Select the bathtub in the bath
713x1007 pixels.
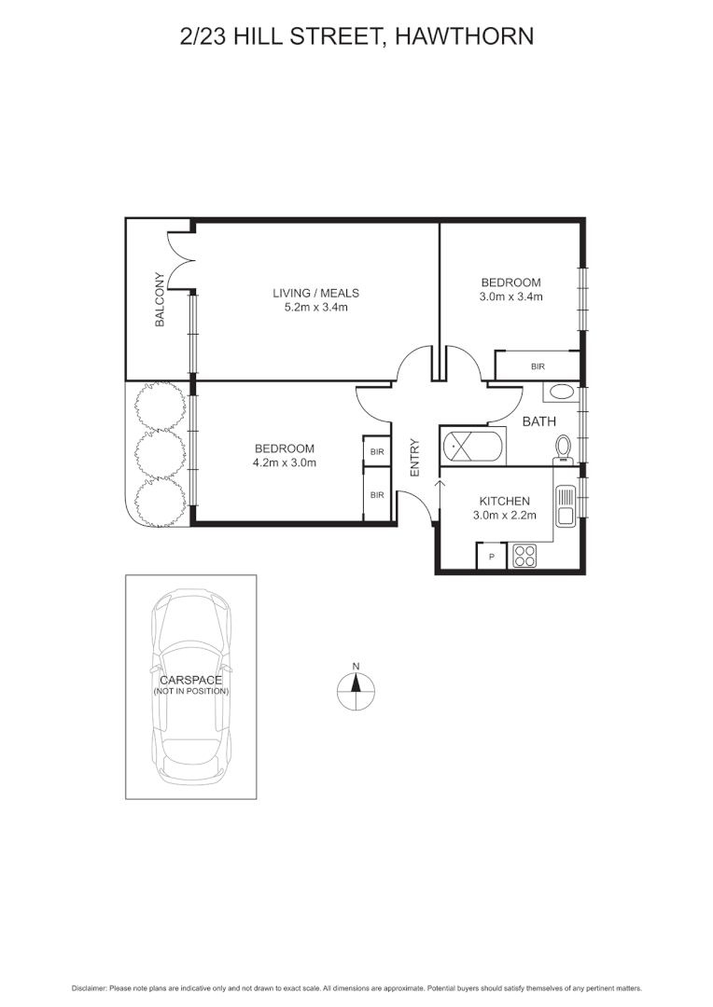click(x=472, y=447)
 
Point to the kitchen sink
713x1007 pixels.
click(x=566, y=506)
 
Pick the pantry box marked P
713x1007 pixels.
click(x=492, y=556)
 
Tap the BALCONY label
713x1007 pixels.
click(x=161, y=299)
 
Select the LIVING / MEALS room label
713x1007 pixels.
click(x=315, y=293)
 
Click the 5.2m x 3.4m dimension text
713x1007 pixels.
click(x=315, y=308)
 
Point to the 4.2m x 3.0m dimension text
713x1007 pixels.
click(x=284, y=462)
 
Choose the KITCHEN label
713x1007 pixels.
click(x=504, y=501)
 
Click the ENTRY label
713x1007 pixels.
click(x=414, y=457)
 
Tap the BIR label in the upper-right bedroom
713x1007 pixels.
click(x=538, y=366)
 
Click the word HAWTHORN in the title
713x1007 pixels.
click(x=464, y=36)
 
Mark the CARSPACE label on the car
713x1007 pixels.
click(x=191, y=680)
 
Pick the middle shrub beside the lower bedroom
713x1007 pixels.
click(x=161, y=452)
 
